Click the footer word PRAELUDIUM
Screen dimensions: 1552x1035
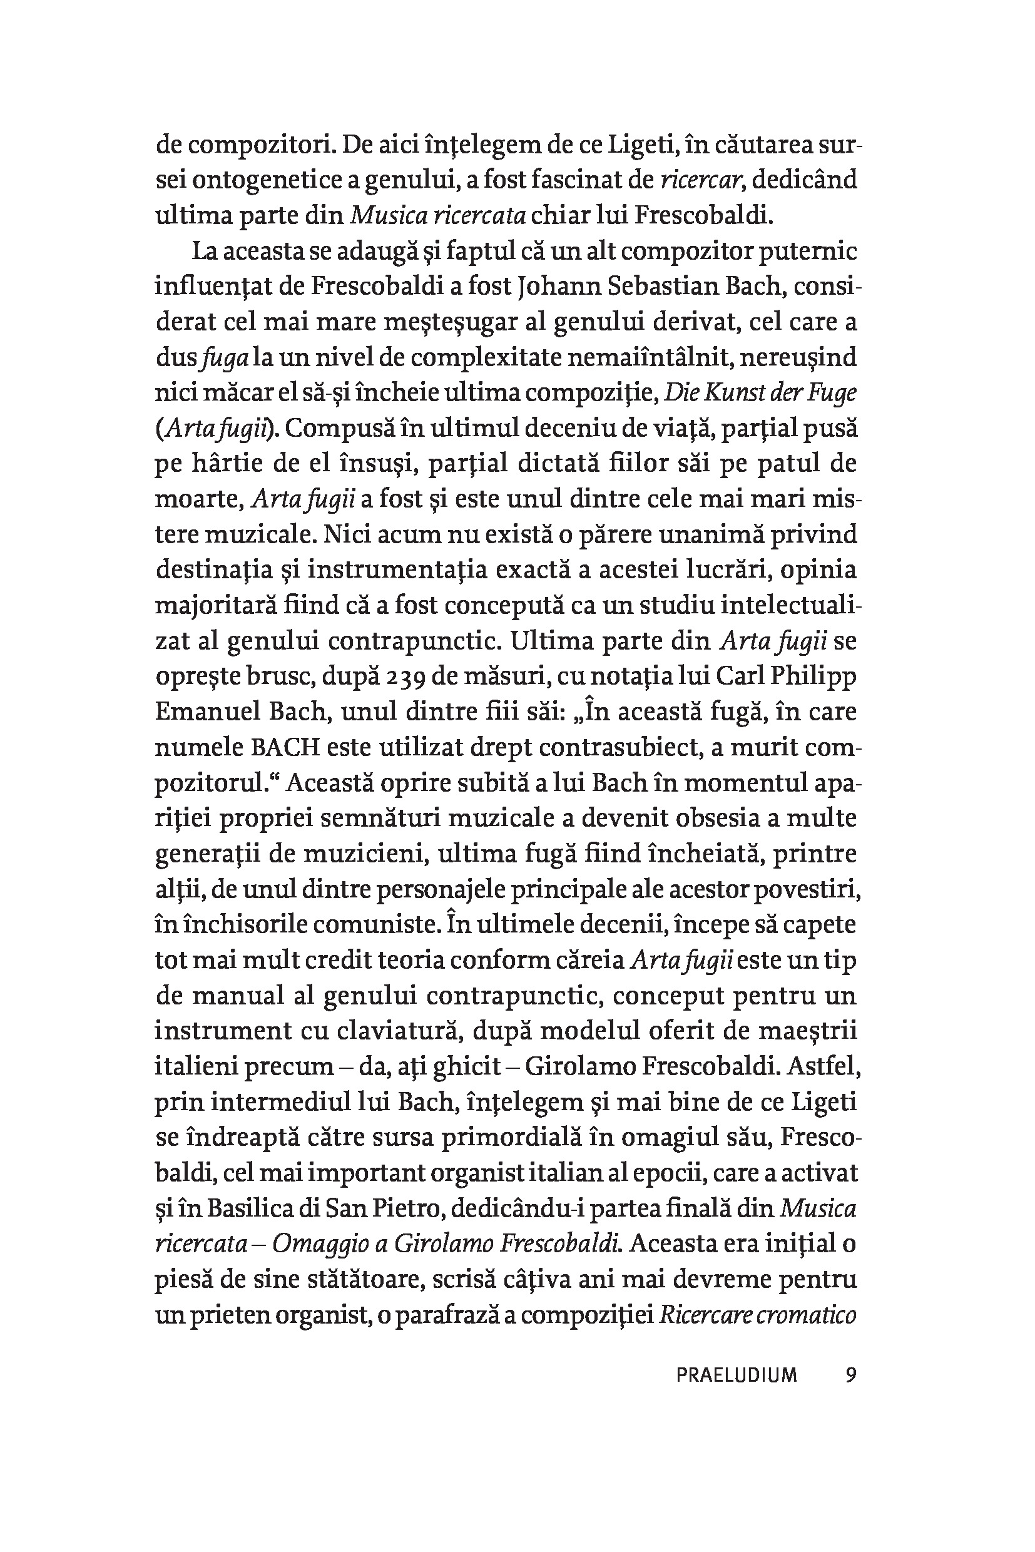tap(737, 1375)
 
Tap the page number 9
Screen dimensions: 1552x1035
tap(851, 1374)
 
